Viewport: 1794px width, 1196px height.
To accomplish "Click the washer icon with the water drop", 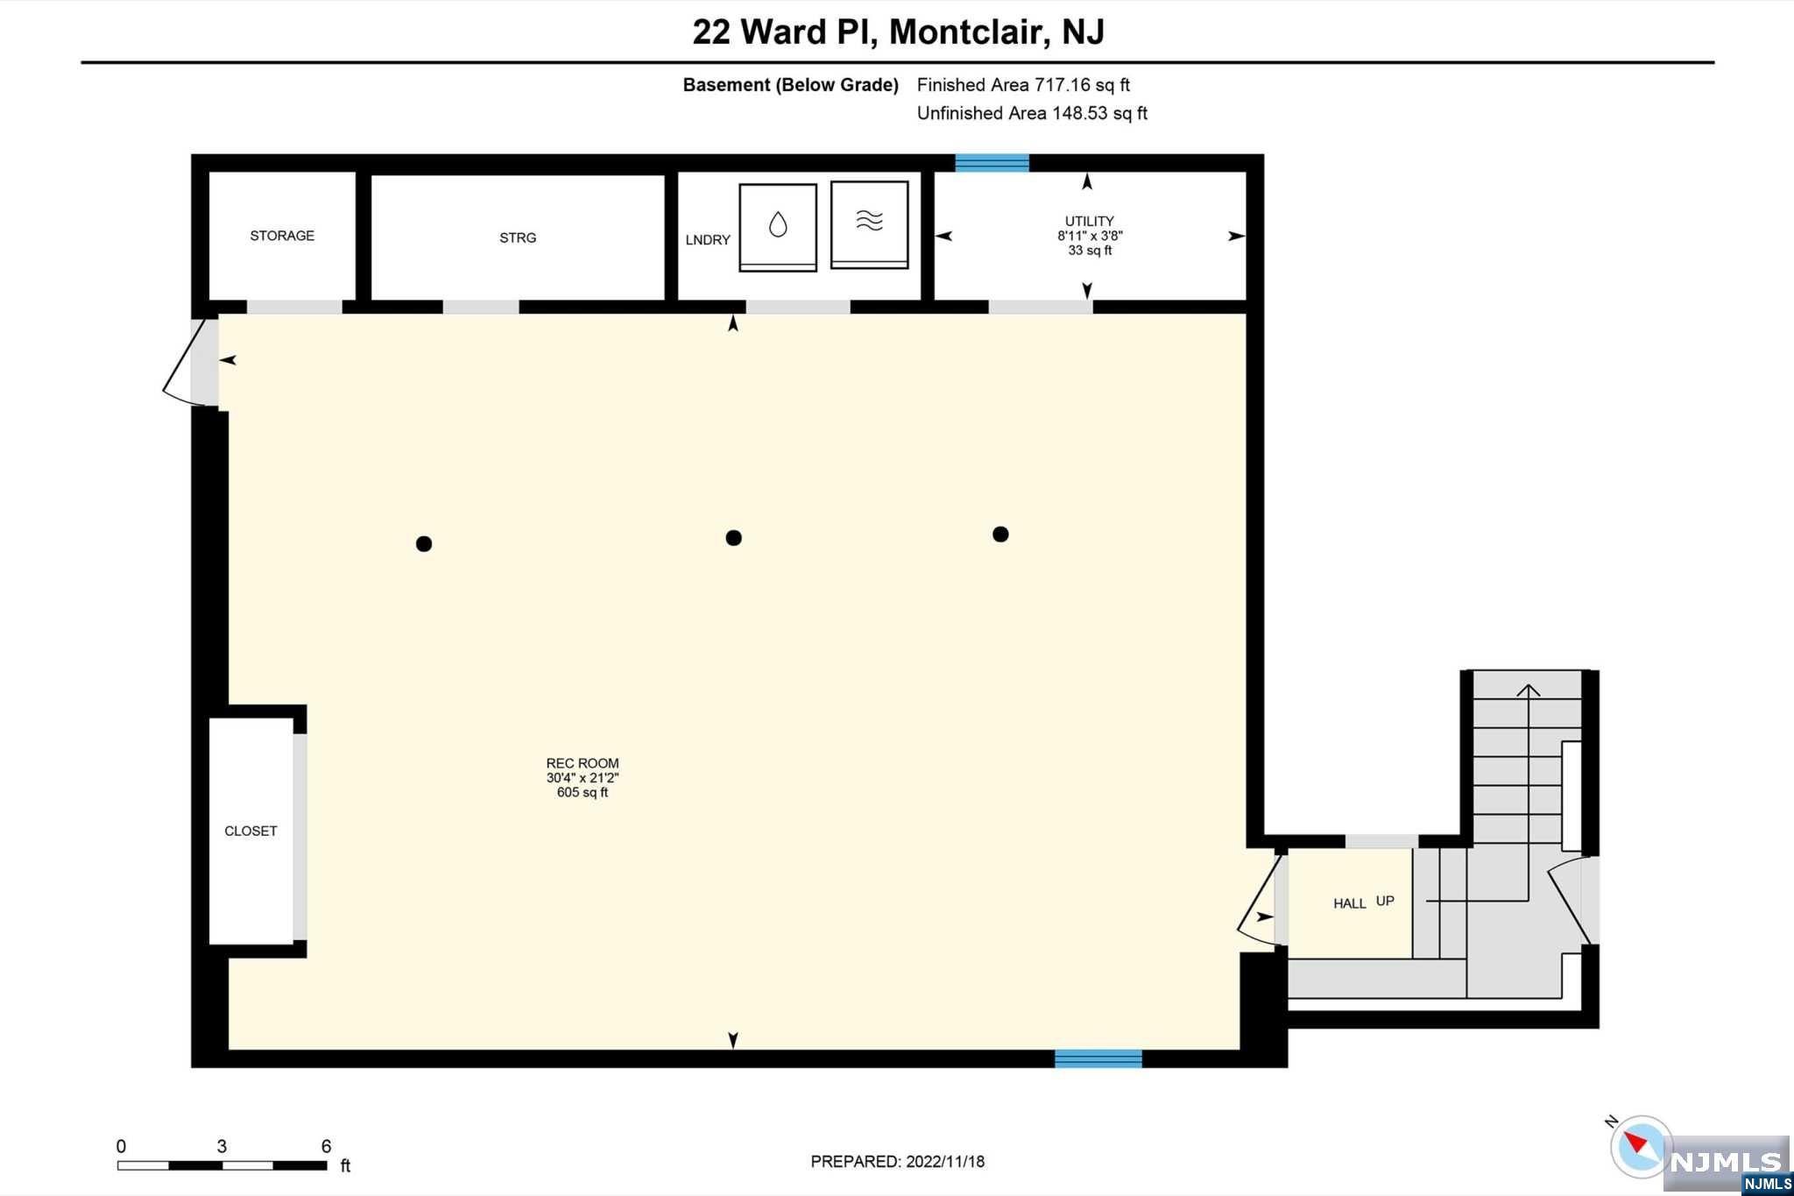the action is [778, 227].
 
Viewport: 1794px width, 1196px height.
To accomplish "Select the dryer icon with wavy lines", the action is [869, 224].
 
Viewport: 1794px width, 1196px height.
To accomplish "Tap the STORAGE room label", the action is [282, 236].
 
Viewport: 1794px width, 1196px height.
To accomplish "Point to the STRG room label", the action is [518, 237].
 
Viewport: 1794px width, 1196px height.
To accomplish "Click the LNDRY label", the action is [708, 240].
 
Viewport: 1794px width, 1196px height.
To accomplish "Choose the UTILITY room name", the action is [1090, 221].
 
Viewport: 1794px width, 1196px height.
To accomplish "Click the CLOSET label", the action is [251, 831].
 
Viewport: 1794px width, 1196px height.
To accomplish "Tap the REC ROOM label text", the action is [583, 763].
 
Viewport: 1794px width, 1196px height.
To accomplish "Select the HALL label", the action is [1350, 903].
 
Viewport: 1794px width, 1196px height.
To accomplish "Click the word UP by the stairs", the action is [1385, 901].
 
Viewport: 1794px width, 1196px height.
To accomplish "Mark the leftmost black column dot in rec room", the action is [424, 544].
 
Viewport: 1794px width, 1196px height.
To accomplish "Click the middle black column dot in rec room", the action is [734, 538].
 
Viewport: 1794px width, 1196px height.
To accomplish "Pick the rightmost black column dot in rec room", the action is [1000, 534].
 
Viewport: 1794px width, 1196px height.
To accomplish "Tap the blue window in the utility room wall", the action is [992, 163].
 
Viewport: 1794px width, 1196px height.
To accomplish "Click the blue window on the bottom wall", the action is [1098, 1058].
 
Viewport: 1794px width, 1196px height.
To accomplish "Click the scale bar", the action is [222, 1165].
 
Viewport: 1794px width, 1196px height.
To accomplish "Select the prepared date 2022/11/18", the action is [945, 1162].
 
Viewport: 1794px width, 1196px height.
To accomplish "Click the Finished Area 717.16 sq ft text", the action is [1023, 85].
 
